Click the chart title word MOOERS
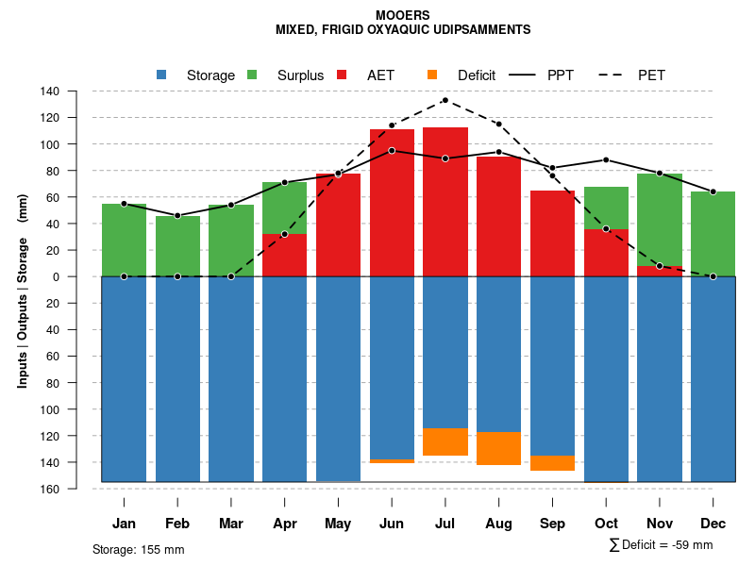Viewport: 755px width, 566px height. [x=402, y=15]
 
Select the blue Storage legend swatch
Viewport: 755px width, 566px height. [x=161, y=75]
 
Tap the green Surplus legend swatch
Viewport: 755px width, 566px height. [x=252, y=75]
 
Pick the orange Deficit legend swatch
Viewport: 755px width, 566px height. [x=432, y=75]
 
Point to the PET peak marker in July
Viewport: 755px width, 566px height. [x=445, y=100]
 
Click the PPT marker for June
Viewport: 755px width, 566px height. [x=392, y=150]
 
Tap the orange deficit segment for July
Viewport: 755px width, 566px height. [x=445, y=441]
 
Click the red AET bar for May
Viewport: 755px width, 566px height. [x=338, y=225]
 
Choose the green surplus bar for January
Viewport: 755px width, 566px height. [x=124, y=240]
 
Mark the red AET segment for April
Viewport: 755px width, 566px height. [x=284, y=255]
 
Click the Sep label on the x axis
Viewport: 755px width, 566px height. [x=553, y=524]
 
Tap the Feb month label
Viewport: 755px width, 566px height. [x=177, y=524]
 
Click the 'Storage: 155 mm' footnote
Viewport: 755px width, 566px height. [x=138, y=549]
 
